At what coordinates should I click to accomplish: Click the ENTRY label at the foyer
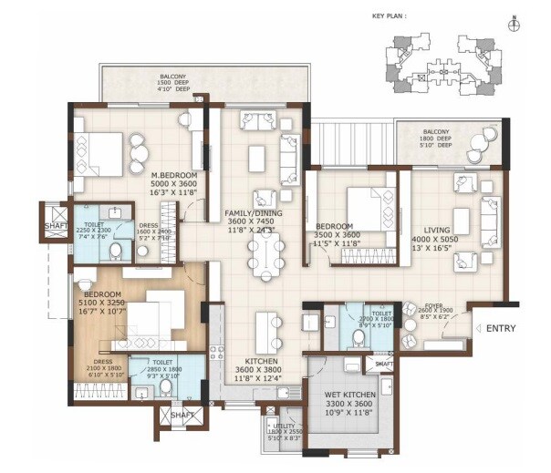[x=501, y=328]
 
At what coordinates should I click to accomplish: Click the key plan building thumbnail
[x=434, y=62]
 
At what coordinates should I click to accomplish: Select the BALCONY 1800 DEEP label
[x=436, y=138]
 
